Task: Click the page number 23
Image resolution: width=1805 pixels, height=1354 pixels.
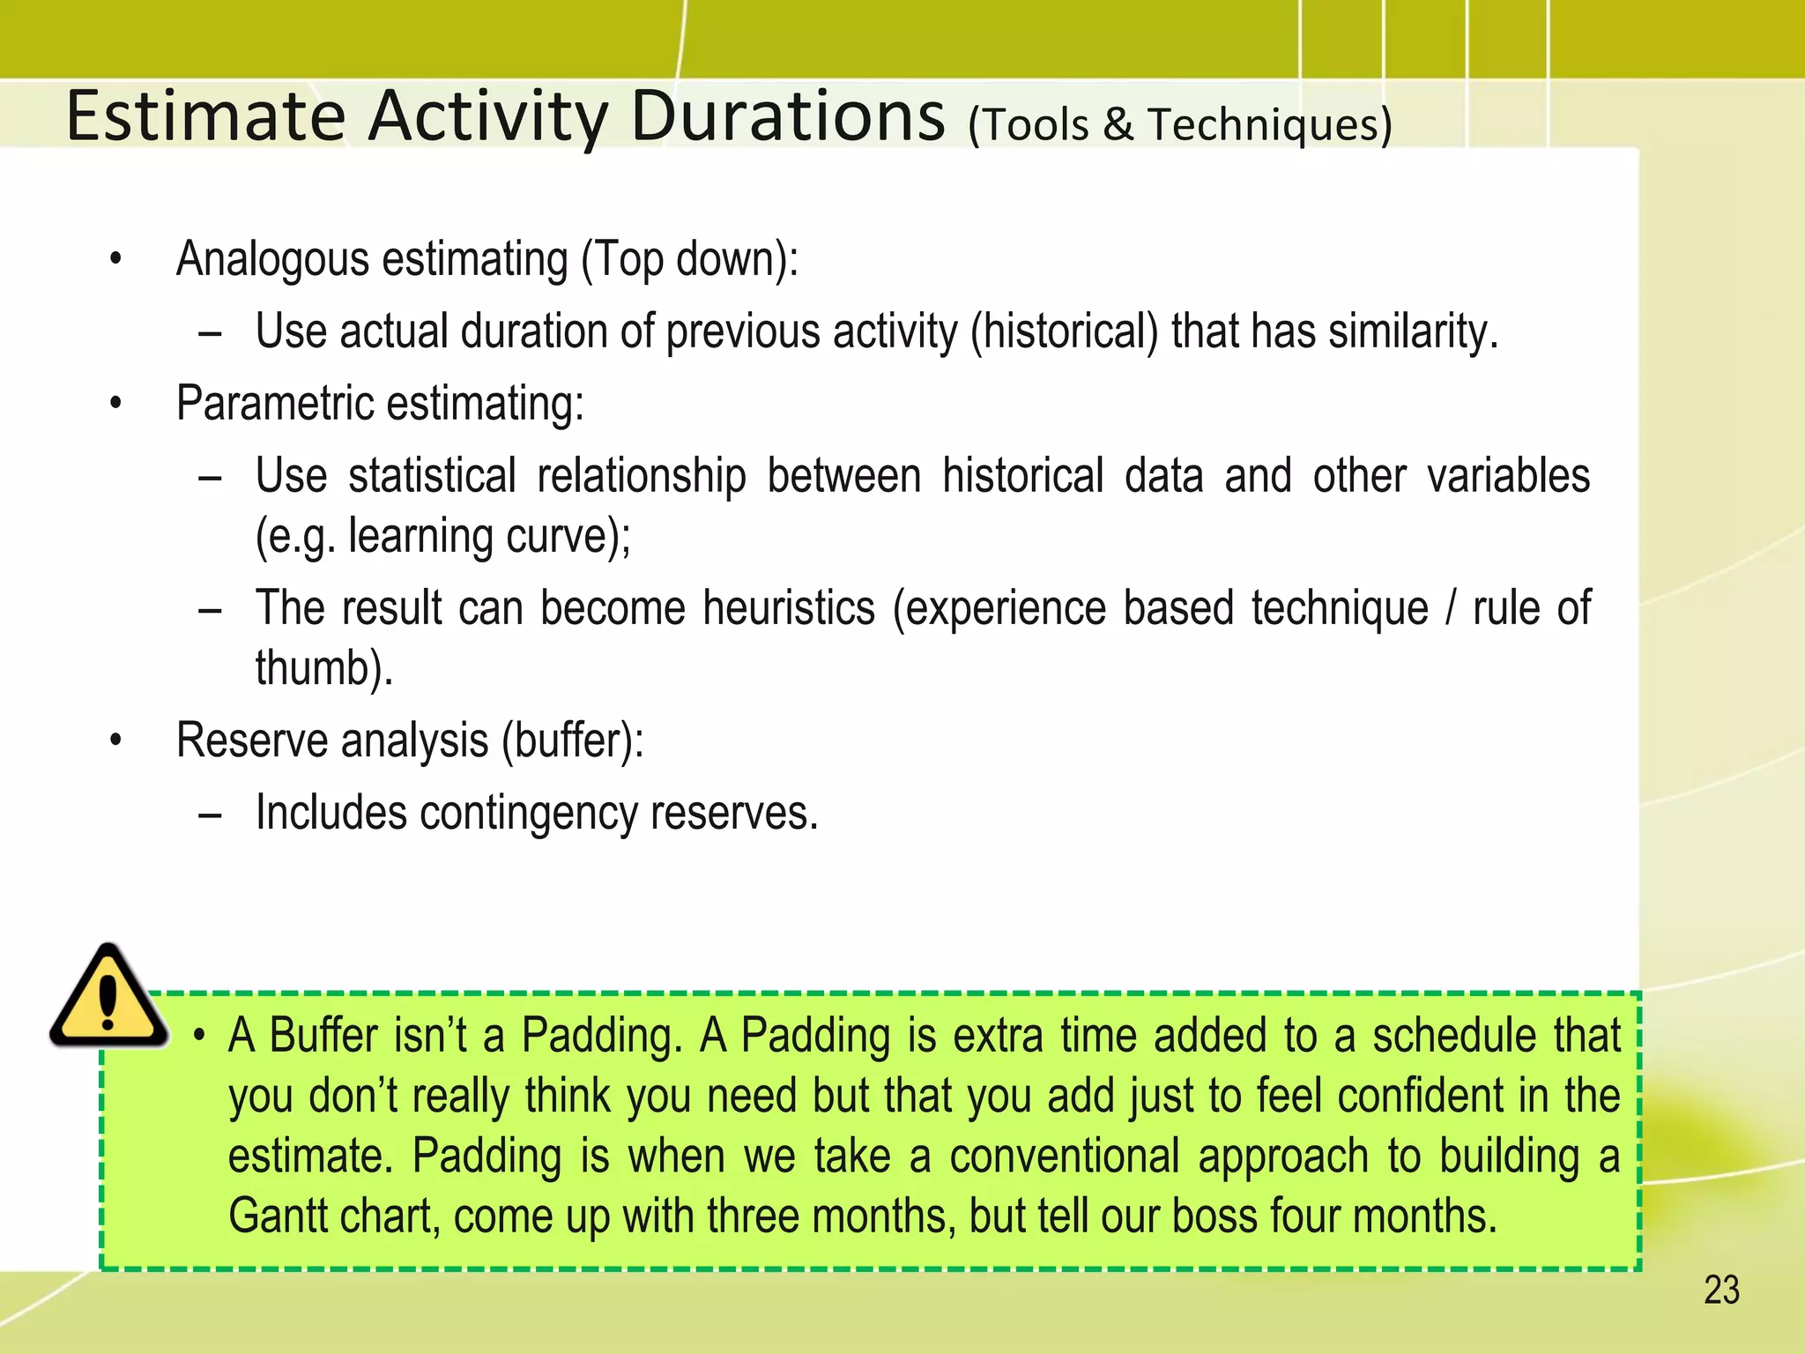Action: point(1721,1291)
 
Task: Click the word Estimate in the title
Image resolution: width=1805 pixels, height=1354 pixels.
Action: point(205,116)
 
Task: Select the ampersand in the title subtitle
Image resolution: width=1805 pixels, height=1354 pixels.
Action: point(1118,124)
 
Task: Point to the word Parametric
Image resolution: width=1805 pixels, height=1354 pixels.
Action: point(275,405)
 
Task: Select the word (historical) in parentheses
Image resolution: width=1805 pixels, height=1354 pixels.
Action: point(1064,332)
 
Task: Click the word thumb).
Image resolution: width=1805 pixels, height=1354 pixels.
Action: point(323,668)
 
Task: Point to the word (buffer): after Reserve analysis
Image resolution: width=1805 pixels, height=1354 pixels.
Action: point(573,740)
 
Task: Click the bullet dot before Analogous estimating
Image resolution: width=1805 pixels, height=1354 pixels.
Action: point(115,260)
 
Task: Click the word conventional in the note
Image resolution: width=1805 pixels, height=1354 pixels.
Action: point(1064,1157)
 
